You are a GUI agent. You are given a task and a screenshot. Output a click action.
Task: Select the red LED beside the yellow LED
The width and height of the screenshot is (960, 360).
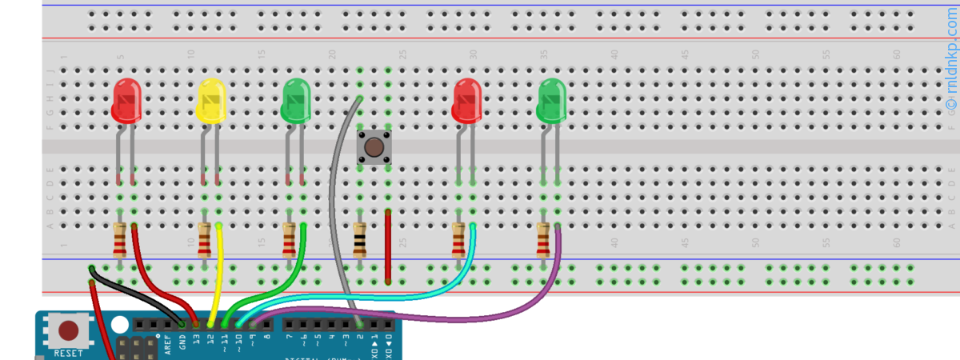coord(126,100)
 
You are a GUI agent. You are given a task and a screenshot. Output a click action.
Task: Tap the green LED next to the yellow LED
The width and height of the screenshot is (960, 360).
coord(296,100)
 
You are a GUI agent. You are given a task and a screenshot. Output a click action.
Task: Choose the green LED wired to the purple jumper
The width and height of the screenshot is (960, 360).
coord(551,100)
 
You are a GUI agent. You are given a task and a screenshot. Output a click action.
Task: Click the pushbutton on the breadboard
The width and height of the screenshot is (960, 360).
coord(374,147)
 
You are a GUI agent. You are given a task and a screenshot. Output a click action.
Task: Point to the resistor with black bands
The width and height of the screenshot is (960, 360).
coord(359,239)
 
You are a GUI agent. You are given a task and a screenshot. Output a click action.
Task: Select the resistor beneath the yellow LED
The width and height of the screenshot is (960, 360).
coord(205,239)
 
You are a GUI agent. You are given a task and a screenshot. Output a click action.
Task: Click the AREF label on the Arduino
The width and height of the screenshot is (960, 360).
coord(168,344)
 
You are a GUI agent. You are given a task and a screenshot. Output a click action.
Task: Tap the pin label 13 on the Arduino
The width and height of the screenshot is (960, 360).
coord(197,342)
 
